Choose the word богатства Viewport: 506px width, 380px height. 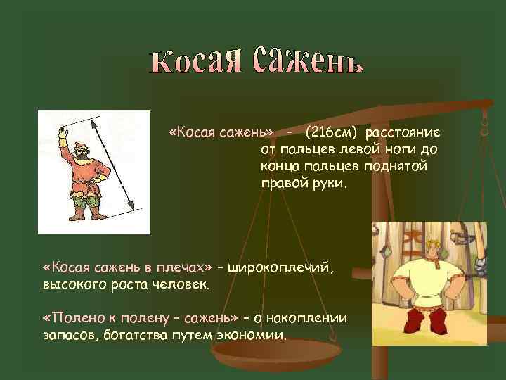point(126,336)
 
